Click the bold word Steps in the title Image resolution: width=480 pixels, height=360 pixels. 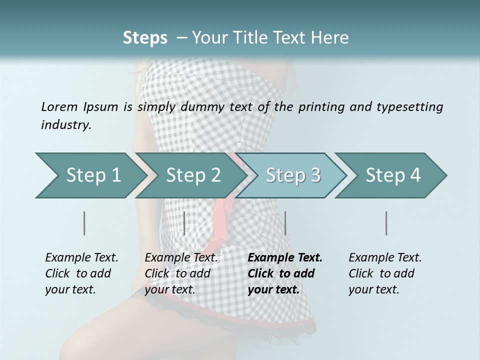145,37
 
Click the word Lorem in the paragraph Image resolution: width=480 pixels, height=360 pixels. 59,106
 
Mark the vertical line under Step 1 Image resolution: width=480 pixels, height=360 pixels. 84,223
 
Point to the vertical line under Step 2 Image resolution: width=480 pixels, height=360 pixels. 184,223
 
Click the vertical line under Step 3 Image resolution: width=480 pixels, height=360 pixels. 285,223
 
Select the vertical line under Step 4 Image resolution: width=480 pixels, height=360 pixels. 386,223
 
